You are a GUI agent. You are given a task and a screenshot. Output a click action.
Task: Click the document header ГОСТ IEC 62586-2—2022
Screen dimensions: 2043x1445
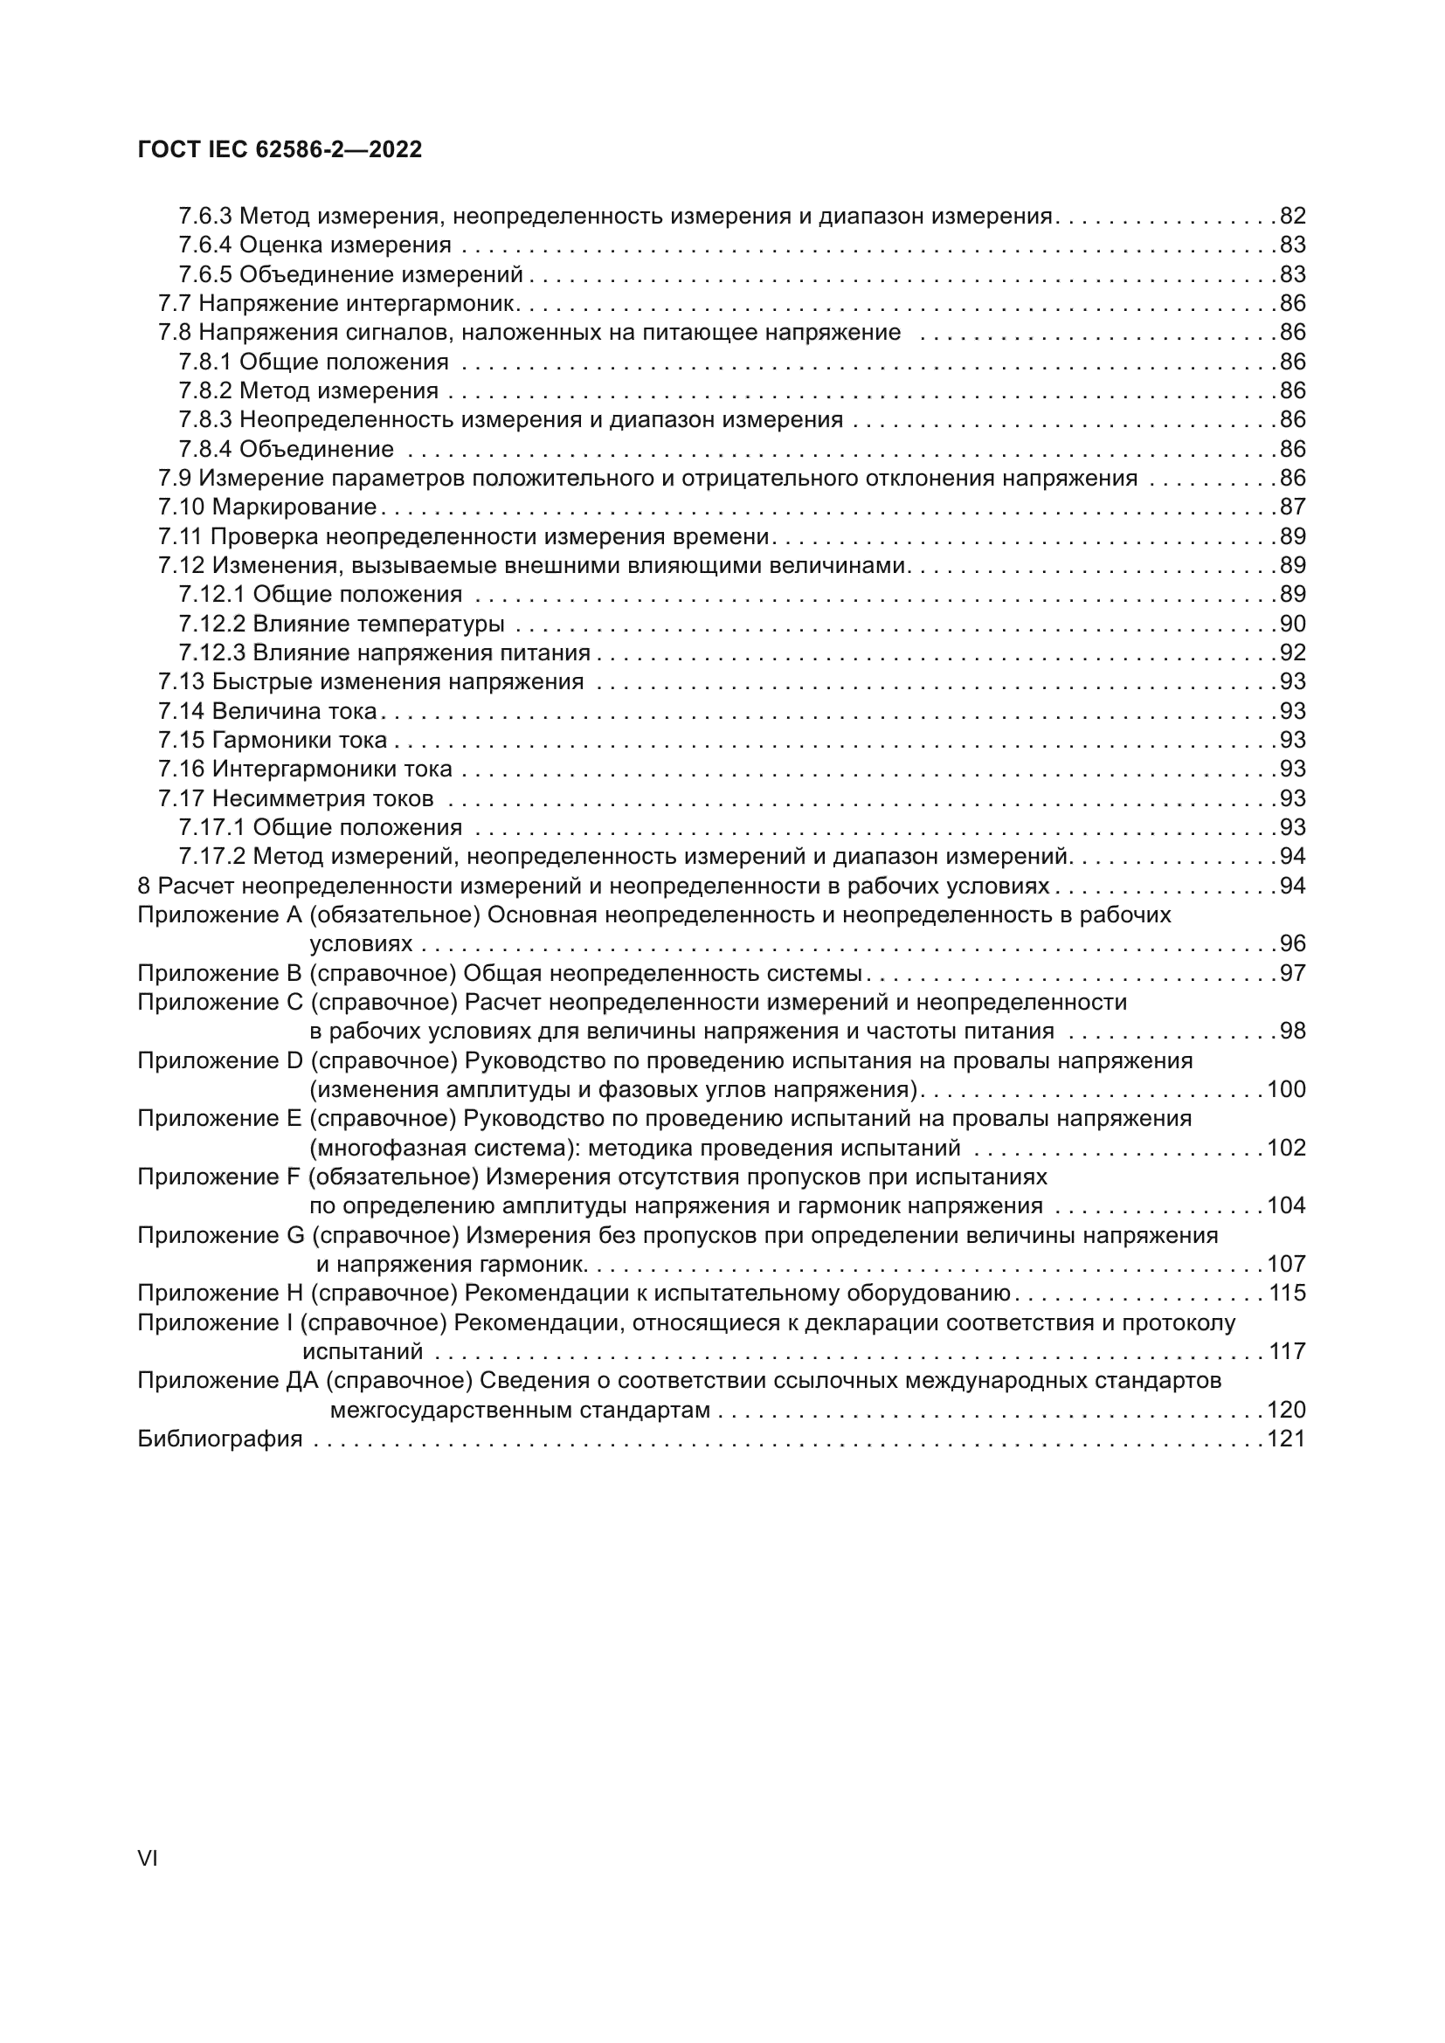coord(280,149)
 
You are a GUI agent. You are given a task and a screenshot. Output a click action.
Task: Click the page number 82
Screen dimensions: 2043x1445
coord(1292,216)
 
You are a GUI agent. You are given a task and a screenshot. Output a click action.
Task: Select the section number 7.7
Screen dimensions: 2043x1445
coord(175,303)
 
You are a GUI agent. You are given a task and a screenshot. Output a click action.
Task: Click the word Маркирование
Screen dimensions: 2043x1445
coord(294,507)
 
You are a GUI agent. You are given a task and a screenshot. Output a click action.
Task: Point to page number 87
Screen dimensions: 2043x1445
coord(1292,507)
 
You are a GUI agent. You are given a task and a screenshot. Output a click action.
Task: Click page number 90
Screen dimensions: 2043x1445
coord(1292,624)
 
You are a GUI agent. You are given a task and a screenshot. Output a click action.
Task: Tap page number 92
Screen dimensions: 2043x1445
coord(1292,653)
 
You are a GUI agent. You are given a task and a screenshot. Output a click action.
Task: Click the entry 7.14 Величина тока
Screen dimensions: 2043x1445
coord(267,711)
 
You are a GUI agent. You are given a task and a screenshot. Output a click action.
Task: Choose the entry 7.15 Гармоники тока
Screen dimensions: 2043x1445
coord(273,741)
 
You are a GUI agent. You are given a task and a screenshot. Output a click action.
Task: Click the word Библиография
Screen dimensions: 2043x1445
coord(220,1439)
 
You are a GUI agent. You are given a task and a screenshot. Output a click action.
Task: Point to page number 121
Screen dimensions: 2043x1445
coord(1286,1439)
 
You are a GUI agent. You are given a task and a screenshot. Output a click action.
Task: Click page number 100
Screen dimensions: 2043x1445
coord(1286,1090)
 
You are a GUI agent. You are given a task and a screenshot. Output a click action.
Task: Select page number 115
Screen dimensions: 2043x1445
coord(1286,1293)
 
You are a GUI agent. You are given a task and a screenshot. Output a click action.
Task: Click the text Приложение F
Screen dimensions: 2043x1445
coord(219,1177)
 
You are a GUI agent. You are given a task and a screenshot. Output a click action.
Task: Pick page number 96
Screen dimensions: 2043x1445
coord(1292,944)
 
